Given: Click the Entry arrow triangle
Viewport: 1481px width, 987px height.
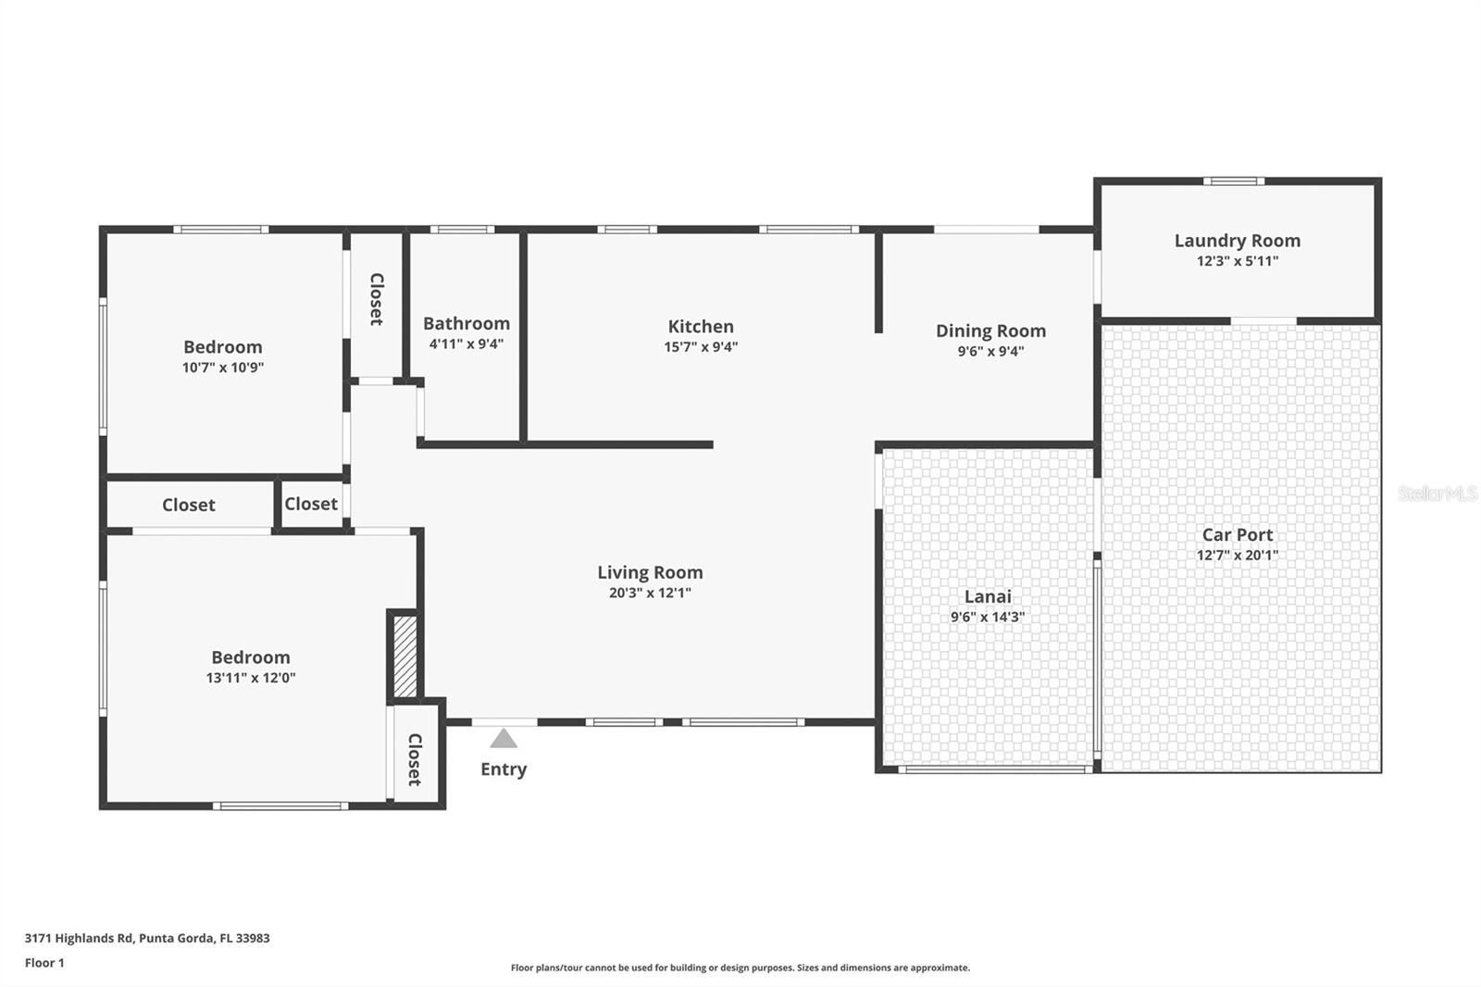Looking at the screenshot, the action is tap(504, 738).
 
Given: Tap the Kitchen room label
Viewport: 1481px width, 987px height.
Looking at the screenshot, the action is tap(701, 326).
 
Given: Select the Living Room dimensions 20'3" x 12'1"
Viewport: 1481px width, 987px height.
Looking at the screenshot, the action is tap(650, 593).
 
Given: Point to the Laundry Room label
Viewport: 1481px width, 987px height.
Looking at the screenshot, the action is tap(1237, 241).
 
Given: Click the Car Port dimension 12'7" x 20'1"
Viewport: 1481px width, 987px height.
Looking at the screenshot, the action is tap(1237, 555).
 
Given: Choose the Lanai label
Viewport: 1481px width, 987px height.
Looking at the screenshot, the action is tap(988, 596).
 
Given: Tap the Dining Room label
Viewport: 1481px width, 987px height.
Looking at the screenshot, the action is tap(990, 331).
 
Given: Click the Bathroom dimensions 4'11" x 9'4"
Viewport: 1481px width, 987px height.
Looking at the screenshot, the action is tap(467, 344).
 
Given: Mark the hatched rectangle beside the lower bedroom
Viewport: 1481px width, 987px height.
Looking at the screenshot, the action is tap(405, 656).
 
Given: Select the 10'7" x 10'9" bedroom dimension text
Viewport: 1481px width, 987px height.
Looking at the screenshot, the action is tap(223, 368).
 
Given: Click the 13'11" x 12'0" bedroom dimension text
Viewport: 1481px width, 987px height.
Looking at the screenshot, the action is tap(251, 678).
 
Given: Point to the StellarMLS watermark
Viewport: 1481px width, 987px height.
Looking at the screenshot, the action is tap(1437, 493).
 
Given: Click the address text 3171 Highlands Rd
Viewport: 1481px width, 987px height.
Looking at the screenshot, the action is tap(79, 938).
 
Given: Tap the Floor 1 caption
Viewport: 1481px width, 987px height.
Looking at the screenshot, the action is tap(44, 963).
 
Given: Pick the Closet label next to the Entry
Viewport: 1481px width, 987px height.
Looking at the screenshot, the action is tap(415, 759).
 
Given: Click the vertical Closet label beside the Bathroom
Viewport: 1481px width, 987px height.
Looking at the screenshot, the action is tap(376, 299).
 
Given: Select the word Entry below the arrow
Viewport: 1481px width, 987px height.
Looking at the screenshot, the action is tap(504, 769).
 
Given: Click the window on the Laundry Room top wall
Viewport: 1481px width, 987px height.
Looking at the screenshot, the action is tap(1234, 181).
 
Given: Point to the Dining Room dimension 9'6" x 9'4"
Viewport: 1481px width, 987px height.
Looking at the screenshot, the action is tap(990, 351).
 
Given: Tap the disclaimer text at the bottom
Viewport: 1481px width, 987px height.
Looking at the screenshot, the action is tap(740, 968).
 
